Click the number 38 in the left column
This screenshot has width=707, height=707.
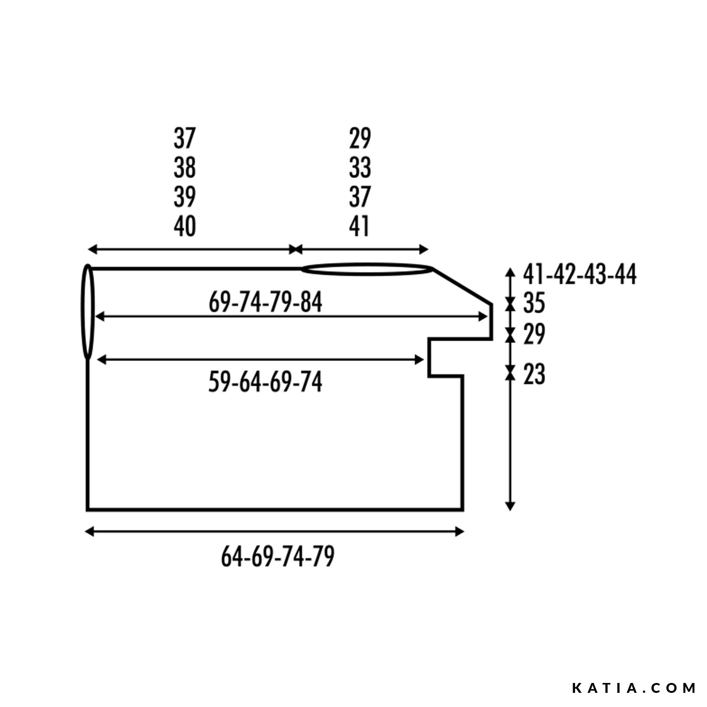coord(185,167)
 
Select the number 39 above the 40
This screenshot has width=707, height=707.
coord(185,197)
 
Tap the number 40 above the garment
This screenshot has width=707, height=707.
coord(185,226)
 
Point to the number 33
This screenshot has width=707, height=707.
coord(360,167)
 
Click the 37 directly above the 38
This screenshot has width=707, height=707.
coord(185,138)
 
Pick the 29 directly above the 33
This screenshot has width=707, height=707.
coord(360,138)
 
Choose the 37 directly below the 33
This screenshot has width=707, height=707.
coord(360,197)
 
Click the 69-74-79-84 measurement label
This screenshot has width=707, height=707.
coord(265,302)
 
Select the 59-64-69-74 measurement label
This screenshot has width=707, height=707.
coord(265,382)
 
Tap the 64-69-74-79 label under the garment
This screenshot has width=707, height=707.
coord(278,557)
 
